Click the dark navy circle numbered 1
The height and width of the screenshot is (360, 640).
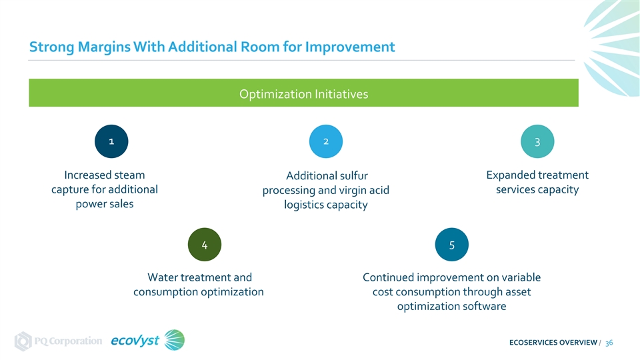(111, 141)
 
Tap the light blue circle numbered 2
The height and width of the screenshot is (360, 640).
(326, 141)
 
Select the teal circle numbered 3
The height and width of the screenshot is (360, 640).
(537, 141)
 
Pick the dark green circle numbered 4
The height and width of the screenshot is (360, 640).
(205, 245)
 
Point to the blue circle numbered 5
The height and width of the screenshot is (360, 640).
(452, 245)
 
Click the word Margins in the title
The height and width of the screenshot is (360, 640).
(104, 47)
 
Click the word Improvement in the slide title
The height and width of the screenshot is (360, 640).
(350, 47)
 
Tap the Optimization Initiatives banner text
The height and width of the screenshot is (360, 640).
(304, 94)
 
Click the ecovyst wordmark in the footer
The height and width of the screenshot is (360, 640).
(135, 341)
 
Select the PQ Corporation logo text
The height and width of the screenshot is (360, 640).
(68, 341)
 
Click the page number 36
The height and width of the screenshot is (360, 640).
(609, 343)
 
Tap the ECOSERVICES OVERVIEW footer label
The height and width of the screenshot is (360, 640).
(553, 343)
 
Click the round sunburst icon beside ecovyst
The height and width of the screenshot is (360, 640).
(174, 340)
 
